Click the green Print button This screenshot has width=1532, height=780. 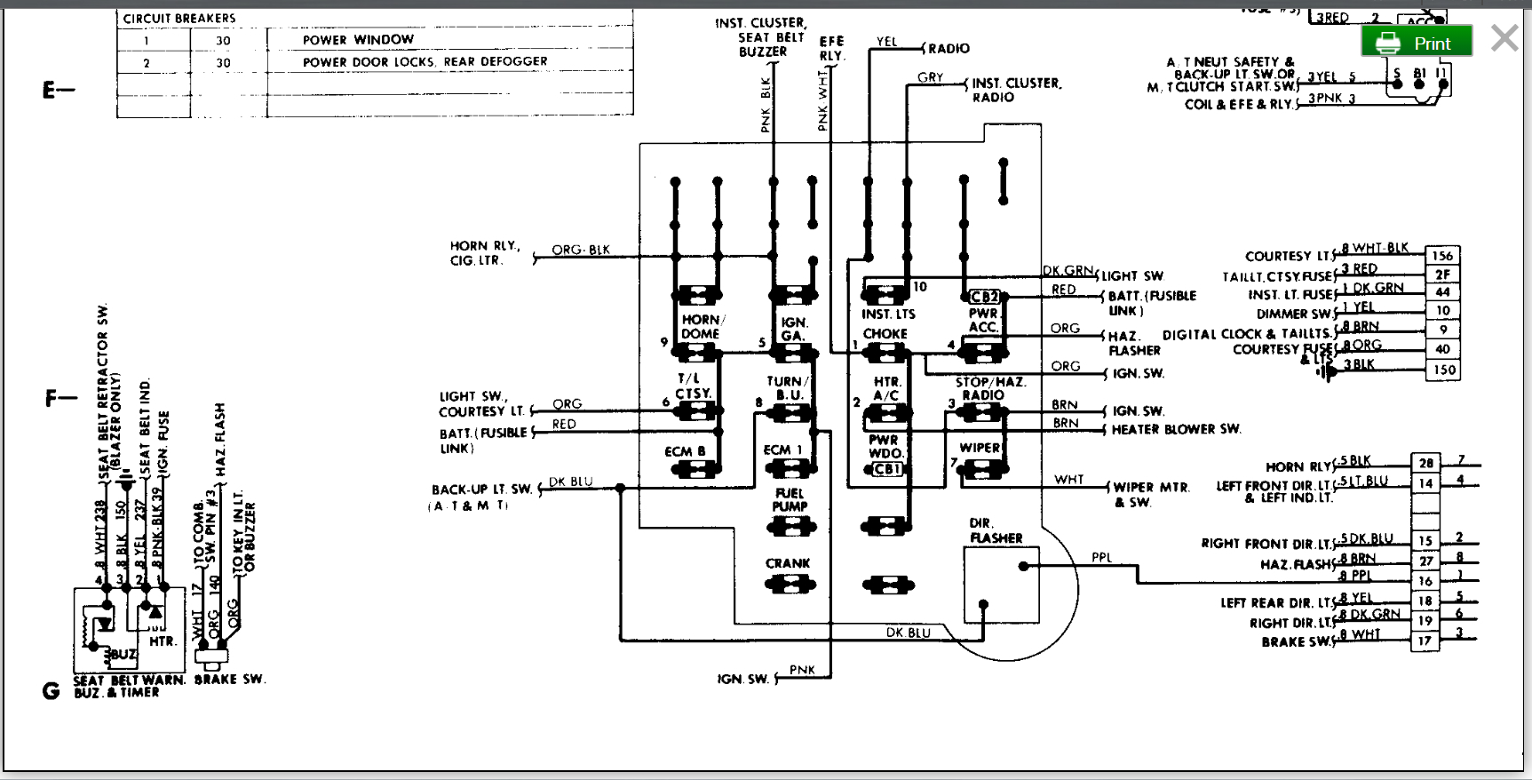1417,43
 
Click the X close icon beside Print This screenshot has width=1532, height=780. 1504,38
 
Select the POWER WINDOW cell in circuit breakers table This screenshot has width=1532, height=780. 358,40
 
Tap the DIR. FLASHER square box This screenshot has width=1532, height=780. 1001,585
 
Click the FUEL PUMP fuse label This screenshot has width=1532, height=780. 789,500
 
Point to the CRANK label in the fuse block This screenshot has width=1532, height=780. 788,563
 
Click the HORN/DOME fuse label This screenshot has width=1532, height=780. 702,327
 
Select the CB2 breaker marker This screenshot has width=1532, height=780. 984,297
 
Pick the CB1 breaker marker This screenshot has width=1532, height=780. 887,469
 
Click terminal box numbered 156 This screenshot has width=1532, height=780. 1442,256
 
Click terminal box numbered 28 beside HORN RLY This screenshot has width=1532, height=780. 1425,463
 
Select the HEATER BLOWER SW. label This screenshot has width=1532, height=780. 1176,429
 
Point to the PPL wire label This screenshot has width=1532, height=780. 1101,558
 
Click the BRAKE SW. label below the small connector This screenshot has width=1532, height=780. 230,680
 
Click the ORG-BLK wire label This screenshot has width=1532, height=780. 581,250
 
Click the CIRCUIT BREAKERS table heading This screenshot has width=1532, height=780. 179,19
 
